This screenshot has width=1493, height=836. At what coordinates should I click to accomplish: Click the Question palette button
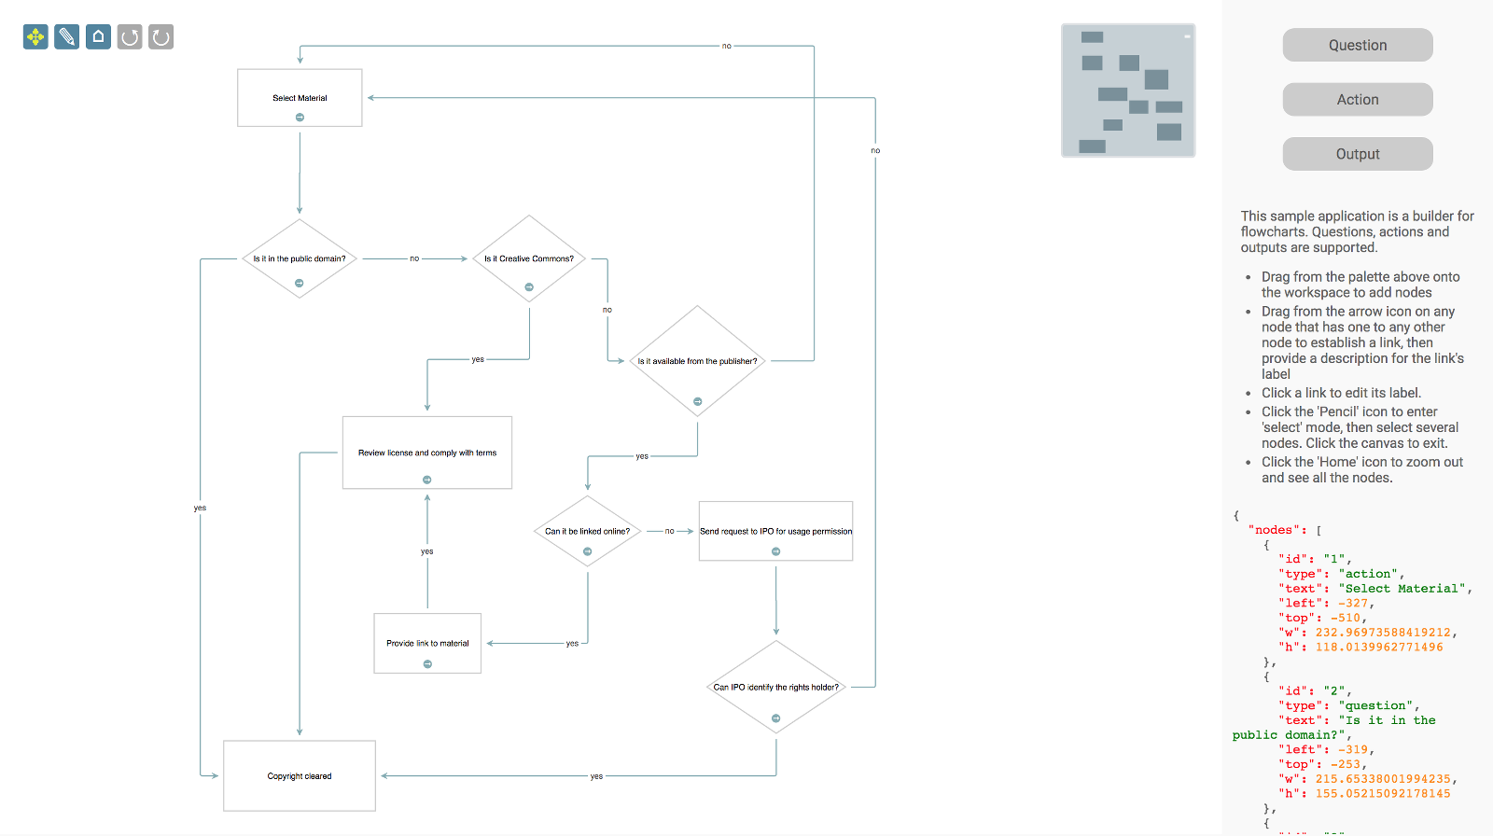tap(1357, 45)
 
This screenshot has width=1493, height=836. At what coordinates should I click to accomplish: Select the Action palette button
tap(1357, 100)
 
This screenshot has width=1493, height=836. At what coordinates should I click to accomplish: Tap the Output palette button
tap(1357, 154)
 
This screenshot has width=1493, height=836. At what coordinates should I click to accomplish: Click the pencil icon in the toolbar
tap(66, 37)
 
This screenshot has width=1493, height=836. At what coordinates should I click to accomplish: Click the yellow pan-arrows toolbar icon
tap(35, 37)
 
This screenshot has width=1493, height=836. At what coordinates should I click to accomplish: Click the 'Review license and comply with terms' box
tap(427, 448)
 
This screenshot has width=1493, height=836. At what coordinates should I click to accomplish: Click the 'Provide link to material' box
tap(427, 638)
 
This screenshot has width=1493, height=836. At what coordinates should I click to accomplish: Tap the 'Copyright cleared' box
tap(300, 776)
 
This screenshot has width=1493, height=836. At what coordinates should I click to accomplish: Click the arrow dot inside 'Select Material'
tap(300, 118)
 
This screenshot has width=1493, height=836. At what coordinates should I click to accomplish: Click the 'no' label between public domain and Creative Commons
tap(414, 258)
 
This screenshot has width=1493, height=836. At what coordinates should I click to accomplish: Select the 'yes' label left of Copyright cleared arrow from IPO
tap(596, 776)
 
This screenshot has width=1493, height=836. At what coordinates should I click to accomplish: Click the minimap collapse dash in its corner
tap(1187, 36)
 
